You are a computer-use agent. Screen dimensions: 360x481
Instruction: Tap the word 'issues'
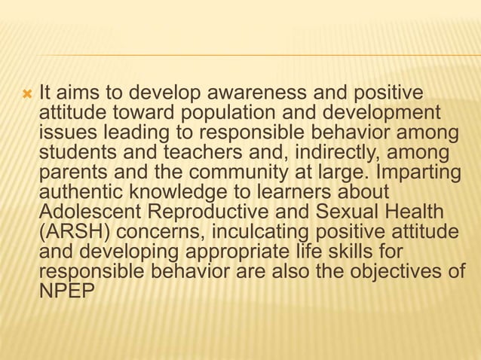click(x=63, y=133)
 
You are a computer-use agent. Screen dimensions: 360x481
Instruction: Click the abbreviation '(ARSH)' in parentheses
click(x=74, y=231)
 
